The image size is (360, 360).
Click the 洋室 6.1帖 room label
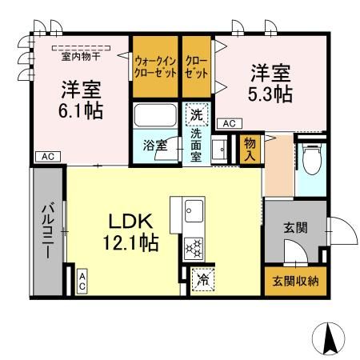tap(81, 99)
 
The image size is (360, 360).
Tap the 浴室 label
tap(154, 146)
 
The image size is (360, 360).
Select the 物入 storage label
tap(249, 148)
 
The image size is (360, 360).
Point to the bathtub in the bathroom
tap(156, 118)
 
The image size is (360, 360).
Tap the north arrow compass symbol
tap(329, 338)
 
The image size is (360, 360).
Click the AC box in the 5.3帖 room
tap(228, 123)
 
